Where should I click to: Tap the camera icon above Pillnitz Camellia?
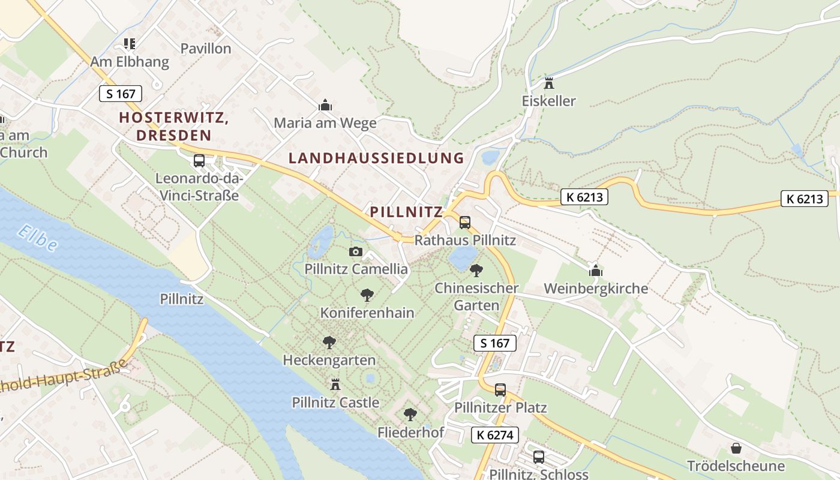point(356,251)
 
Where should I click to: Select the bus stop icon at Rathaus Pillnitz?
point(465,223)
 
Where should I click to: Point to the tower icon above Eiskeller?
point(548,83)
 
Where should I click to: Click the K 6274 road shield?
point(495,435)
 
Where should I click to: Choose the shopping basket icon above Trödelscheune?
point(736,448)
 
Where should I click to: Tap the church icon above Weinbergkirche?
point(595,271)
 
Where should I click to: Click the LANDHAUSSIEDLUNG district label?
point(376,158)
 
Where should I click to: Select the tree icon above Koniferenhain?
point(367,295)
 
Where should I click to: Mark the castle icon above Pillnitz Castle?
point(335,384)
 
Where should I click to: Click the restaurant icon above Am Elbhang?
point(130,44)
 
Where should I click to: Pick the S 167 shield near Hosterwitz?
point(121,94)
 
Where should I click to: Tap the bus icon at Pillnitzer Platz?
point(500,390)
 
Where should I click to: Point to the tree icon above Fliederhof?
point(410,415)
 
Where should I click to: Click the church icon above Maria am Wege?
point(325,106)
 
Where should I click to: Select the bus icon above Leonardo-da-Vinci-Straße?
point(199,161)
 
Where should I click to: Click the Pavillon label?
point(206,49)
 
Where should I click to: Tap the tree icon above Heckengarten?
point(329,343)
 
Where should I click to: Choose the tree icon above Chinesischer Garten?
point(476,271)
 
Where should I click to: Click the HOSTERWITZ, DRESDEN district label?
point(174,127)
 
